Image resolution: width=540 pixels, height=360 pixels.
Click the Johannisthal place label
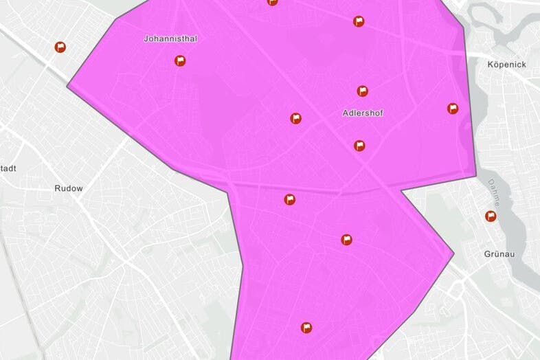pos(170,39)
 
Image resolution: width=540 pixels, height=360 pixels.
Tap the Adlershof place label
pos(362,113)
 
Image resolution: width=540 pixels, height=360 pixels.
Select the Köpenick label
pos(506,65)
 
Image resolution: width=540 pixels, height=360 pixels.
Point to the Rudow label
pos(69,188)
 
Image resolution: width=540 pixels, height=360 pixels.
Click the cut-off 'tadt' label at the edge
pos(8,168)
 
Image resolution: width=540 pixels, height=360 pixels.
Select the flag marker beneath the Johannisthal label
pos(180,60)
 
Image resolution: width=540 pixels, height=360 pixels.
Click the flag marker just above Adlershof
pos(362,91)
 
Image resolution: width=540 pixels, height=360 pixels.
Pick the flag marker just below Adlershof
pos(359,146)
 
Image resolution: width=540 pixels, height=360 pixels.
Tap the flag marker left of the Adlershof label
pos(295,118)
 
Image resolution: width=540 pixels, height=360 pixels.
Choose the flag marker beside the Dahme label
pos(491,216)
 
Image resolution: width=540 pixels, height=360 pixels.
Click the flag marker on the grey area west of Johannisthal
pos(60,47)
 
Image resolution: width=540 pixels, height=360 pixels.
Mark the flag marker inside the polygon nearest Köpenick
pos(453,109)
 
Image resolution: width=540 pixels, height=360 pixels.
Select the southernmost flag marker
pos(306,328)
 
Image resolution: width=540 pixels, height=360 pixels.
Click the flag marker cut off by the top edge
pos(273,2)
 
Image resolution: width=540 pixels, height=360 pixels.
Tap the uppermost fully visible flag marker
pos(359,21)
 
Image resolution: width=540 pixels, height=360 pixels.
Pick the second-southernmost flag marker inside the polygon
pos(347,240)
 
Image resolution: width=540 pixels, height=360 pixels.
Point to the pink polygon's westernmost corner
pos(67,87)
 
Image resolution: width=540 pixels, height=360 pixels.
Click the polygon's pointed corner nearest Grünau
pos(453,255)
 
